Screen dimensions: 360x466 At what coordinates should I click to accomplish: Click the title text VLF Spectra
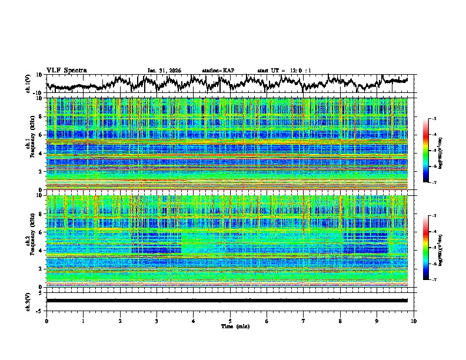66,70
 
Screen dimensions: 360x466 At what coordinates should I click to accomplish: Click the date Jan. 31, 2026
164,71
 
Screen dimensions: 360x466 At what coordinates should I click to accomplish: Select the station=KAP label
218,71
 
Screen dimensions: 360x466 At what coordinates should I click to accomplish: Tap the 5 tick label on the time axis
230,320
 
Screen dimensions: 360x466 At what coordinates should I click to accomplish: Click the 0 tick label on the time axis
46,320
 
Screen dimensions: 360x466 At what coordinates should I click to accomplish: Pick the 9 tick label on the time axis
377,320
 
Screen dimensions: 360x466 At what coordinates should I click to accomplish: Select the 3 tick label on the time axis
157,320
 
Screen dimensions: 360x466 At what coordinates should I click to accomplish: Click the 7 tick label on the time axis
304,320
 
